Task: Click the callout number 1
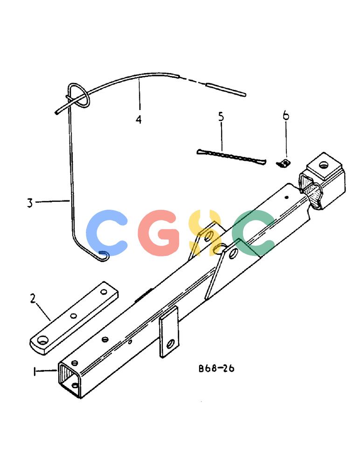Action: point(35,371)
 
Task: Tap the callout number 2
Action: point(33,298)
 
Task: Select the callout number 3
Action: point(30,203)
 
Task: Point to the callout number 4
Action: point(138,119)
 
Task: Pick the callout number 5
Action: point(221,116)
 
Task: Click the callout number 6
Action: point(286,115)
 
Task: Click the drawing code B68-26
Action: point(216,369)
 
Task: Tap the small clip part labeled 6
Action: point(283,163)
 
